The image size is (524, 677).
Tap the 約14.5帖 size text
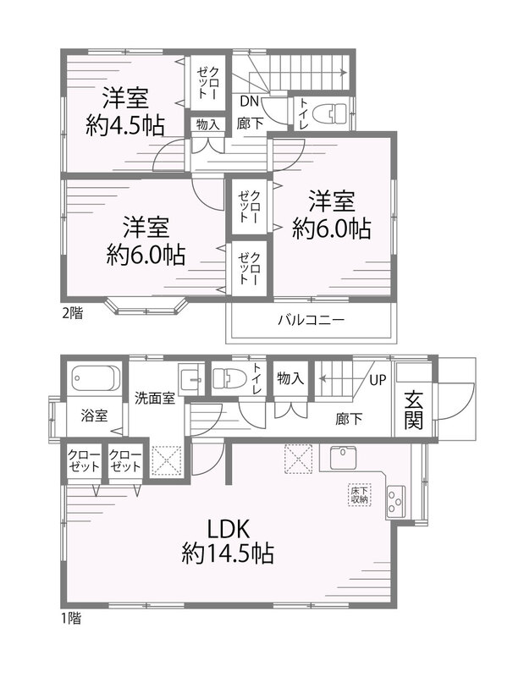coord(228,553)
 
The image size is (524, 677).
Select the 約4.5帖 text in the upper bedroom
coord(124,125)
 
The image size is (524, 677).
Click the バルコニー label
coord(311,320)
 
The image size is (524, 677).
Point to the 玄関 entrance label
coord(413,410)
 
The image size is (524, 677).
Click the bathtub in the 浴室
coord(96,378)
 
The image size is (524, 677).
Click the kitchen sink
coord(344,458)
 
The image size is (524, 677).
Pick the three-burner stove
coord(395,502)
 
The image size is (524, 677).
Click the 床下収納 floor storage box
coord(359,495)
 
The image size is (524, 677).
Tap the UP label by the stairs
coord(378,380)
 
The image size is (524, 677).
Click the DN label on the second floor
coord(249,102)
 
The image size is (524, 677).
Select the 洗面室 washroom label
coord(155,398)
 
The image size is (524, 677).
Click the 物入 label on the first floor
coord(290,378)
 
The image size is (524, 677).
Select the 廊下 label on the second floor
coord(250,123)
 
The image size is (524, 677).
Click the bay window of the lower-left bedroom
coord(147,305)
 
